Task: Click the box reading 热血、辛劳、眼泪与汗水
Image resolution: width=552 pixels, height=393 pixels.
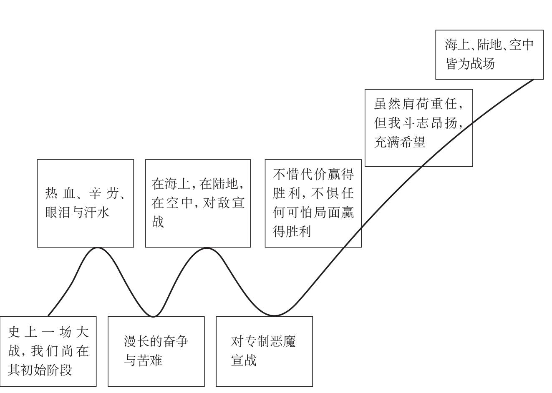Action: (x=86, y=203)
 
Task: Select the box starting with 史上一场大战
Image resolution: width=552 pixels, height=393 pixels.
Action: (x=48, y=351)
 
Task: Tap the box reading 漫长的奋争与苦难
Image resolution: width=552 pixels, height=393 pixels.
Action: (x=156, y=351)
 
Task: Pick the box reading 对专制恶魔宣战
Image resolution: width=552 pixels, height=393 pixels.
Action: (x=264, y=351)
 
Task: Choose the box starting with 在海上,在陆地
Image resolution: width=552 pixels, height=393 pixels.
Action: (x=198, y=203)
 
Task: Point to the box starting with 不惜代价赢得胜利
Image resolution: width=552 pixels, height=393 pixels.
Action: (x=313, y=203)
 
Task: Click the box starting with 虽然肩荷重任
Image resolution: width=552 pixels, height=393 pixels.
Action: (x=418, y=128)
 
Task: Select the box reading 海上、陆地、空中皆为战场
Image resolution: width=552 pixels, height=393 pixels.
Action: (x=489, y=55)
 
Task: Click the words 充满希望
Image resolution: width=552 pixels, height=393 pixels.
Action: (x=399, y=143)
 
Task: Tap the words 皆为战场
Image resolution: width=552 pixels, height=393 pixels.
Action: (x=470, y=64)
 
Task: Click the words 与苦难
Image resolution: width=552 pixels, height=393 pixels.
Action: (x=143, y=360)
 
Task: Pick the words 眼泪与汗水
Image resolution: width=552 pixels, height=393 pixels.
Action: (x=77, y=213)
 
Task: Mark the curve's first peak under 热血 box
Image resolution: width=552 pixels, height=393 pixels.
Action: (x=97, y=248)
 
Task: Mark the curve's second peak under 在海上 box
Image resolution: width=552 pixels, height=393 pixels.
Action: (x=207, y=248)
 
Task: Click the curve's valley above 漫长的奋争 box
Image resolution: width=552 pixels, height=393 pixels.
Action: (x=153, y=316)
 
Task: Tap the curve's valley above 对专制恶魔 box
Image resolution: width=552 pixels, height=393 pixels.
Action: (x=274, y=315)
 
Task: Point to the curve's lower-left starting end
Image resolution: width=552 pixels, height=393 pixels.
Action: (x=48, y=315)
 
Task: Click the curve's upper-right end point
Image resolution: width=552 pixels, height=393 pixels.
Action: (x=533, y=79)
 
